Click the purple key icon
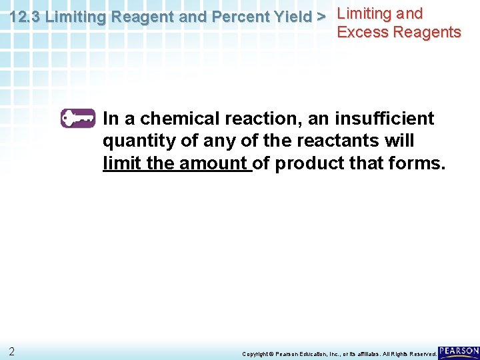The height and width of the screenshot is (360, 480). [x=78, y=119]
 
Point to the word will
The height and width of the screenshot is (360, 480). [x=400, y=141]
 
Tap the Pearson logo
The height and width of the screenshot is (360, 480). [x=459, y=351]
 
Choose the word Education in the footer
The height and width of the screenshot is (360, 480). [x=310, y=354]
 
